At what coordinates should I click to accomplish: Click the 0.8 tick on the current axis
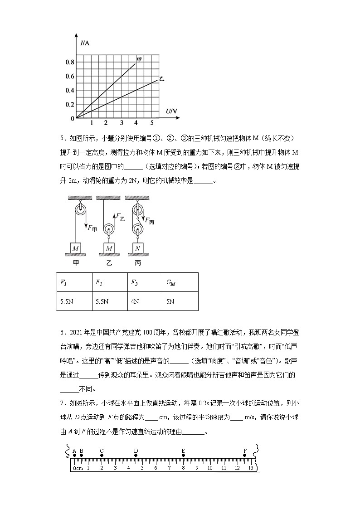point(69,62)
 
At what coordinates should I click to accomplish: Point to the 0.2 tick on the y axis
point(69,105)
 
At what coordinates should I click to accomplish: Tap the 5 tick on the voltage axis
point(152,123)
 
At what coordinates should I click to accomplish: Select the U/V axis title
point(171,111)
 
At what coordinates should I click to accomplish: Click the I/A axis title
point(85,44)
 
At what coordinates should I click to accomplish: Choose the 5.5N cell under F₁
point(66,301)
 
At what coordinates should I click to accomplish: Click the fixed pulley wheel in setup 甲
point(80,209)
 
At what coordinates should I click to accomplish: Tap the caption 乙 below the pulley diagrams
point(109,262)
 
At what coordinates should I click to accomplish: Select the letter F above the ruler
point(245,451)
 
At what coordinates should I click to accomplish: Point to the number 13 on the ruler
point(251,468)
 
